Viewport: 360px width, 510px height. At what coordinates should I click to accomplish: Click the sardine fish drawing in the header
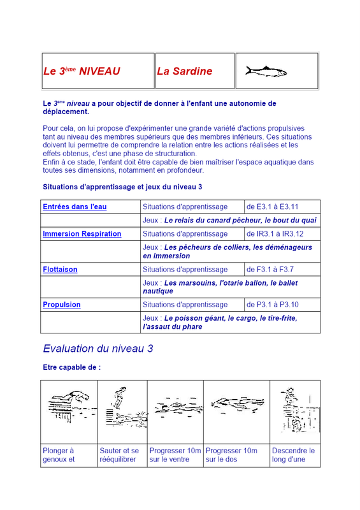tap(266, 71)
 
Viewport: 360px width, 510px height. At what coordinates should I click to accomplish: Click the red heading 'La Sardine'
tap(184, 71)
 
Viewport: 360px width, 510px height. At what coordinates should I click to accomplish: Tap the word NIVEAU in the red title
tap(99, 71)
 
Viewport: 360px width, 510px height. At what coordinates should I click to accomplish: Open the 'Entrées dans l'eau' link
tap(75, 207)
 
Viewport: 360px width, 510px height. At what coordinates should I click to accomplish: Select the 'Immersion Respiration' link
tap(82, 234)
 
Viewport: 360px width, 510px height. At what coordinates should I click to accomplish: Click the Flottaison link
tap(60, 270)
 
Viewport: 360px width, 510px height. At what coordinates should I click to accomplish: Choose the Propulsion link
tap(62, 305)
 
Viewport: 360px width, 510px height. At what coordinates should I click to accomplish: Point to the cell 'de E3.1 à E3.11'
tap(273, 207)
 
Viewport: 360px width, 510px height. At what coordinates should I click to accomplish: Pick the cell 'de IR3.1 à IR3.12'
tap(275, 234)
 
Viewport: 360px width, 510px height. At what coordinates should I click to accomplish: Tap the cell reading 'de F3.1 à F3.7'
tap(270, 270)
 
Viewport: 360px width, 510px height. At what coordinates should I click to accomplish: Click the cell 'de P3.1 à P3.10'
tap(273, 305)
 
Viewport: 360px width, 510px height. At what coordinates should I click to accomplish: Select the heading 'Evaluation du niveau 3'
tap(98, 349)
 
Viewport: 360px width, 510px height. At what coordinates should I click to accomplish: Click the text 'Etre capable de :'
tap(72, 367)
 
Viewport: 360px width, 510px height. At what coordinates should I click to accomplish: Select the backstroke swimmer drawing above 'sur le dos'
tap(238, 405)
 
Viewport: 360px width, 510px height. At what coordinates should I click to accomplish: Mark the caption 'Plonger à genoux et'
tap(59, 455)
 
